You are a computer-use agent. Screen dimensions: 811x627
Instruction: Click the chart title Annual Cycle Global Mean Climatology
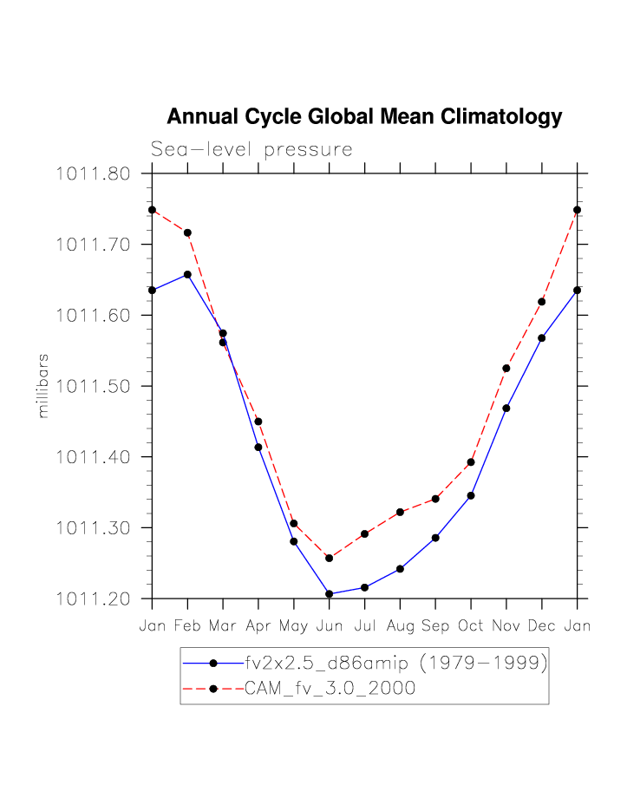pos(364,117)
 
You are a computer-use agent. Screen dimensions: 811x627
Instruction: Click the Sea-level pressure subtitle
pos(251,149)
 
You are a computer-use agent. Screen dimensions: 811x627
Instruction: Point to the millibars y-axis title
pos(43,386)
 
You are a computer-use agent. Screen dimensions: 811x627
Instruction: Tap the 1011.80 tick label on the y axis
pos(93,173)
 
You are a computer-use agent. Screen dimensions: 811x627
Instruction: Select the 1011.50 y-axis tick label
pos(93,386)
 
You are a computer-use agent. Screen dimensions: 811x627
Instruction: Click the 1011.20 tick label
pos(93,598)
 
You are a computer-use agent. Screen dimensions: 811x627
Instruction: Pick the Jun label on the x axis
pos(329,625)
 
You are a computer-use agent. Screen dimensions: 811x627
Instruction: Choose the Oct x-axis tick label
pos(471,625)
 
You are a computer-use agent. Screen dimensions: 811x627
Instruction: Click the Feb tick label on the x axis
pos(187,625)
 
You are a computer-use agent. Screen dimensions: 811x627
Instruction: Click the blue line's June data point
pos(329,594)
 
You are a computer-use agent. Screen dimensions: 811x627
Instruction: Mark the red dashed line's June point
pos(329,558)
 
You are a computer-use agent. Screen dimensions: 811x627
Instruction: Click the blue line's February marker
pos(187,275)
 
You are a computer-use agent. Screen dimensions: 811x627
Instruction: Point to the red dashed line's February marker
pos(187,232)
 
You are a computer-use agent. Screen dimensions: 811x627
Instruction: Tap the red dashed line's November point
pos(506,369)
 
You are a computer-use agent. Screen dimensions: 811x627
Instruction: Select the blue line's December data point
pos(542,338)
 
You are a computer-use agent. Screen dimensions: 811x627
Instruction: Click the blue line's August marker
pos(400,569)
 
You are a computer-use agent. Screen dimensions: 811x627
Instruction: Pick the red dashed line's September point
pos(435,499)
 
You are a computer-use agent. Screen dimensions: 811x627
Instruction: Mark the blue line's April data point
pos(258,448)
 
